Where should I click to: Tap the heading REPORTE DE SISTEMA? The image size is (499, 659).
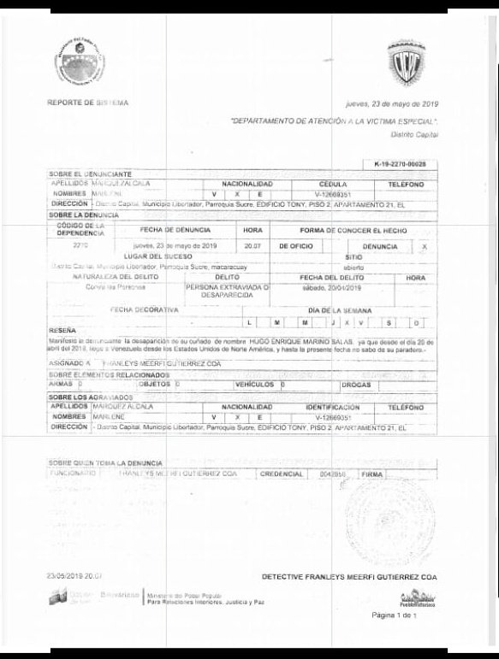click(88, 103)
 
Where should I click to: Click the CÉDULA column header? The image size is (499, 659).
click(332, 184)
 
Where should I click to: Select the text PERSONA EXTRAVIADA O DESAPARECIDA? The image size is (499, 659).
click(228, 291)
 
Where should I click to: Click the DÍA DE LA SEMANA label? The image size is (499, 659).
click(337, 309)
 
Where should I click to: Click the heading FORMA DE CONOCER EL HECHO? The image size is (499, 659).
click(345, 230)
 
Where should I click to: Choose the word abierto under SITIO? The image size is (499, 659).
click(353, 266)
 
